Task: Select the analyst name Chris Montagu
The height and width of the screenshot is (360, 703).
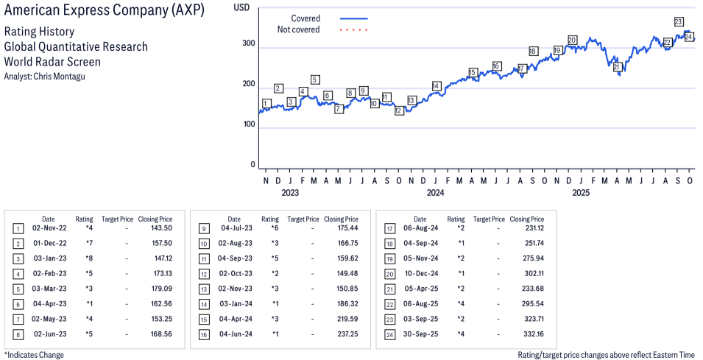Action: tap(45, 76)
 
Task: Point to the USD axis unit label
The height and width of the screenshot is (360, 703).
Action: tap(241, 7)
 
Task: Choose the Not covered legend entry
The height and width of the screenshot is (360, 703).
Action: tap(298, 29)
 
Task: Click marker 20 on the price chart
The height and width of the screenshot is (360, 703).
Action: tap(572, 40)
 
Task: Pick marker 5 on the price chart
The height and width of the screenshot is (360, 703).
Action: tap(315, 80)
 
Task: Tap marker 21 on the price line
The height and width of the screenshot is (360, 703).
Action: tap(618, 67)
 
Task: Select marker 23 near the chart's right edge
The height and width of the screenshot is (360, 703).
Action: tap(678, 21)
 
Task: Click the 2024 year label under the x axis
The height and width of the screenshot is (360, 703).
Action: tap(435, 194)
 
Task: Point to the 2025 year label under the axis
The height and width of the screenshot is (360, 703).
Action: tap(581, 194)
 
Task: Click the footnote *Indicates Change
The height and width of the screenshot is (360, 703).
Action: tap(34, 355)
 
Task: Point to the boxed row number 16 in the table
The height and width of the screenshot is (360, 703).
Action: tap(203, 334)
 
